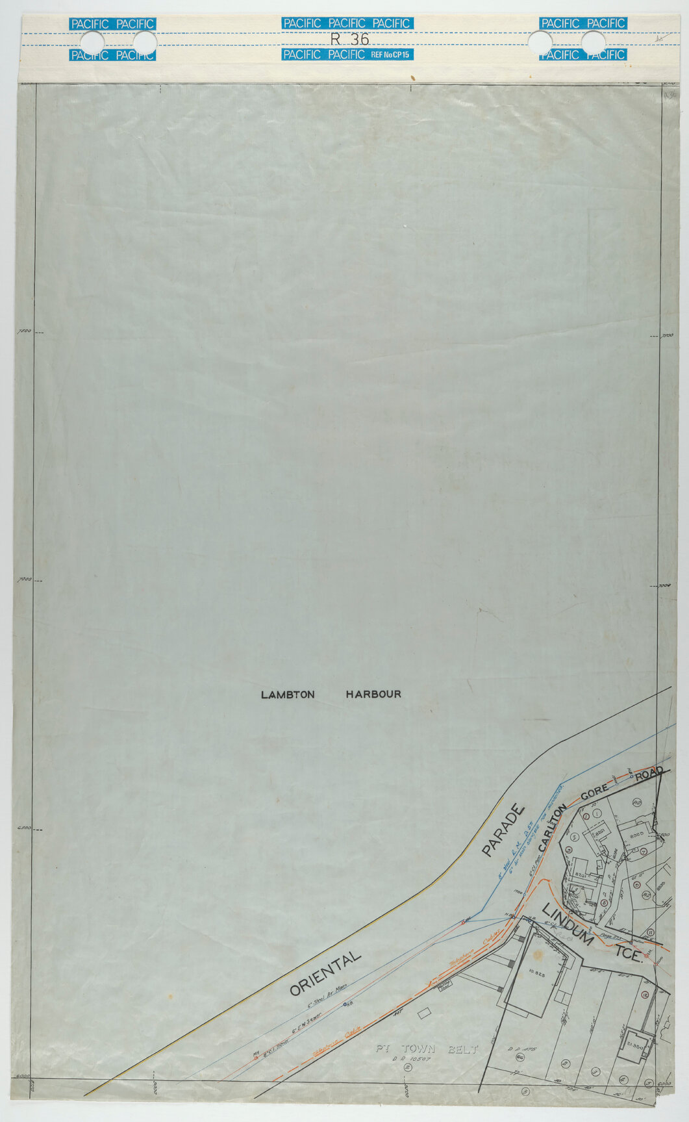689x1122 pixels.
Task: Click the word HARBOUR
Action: (x=373, y=695)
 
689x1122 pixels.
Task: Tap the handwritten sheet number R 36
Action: (x=349, y=39)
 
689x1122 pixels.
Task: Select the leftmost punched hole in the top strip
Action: (x=92, y=44)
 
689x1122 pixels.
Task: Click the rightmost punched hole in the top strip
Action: (x=593, y=44)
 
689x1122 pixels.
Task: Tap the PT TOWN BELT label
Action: (x=427, y=1049)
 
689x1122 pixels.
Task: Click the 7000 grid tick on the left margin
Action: (x=24, y=579)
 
